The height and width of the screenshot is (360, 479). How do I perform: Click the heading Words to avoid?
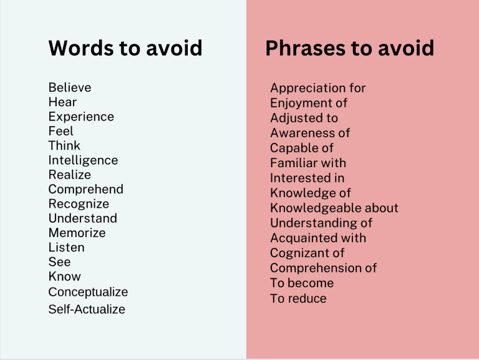point(125,48)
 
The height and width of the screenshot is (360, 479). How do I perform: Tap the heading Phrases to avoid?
point(349,48)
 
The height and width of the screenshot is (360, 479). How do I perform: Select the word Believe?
point(70,87)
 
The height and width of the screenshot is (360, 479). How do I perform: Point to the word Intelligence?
point(83,160)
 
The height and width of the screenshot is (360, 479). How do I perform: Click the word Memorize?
point(77,233)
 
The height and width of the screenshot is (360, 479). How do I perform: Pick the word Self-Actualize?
point(87,309)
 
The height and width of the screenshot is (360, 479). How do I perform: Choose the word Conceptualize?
point(88,292)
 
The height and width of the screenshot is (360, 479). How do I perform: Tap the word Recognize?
point(79,204)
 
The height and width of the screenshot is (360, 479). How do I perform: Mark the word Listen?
point(66,248)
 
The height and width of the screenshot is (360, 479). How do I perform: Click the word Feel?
point(61,131)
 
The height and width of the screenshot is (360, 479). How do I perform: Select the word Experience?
point(81,117)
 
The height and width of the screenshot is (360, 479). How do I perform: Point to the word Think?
point(64,146)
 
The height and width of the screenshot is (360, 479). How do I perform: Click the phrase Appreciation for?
point(317,88)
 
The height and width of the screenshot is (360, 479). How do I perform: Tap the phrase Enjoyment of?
point(309,103)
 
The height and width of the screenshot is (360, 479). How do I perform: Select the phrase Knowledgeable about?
point(334,208)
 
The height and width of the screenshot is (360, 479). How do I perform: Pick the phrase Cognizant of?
point(307,253)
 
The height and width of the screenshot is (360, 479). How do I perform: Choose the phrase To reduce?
point(298,298)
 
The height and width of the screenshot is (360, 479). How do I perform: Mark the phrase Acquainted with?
point(318,238)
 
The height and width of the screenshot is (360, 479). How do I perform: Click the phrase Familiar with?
point(308,163)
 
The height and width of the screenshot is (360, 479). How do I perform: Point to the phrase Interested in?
point(307,178)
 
